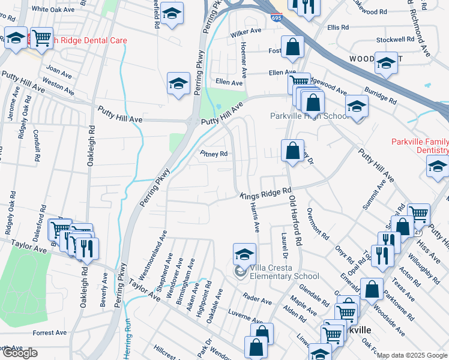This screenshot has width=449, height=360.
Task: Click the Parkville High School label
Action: click(x=309, y=116)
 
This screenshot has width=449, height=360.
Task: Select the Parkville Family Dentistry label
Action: click(x=420, y=146)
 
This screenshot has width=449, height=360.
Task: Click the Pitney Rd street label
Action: click(x=214, y=154)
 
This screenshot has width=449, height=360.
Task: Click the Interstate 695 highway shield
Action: click(x=276, y=19)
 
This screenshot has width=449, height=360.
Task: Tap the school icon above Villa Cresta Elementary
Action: click(x=244, y=254)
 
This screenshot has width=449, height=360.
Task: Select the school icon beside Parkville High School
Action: click(x=357, y=106)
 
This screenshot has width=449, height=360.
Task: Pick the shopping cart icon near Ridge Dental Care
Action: click(x=41, y=38)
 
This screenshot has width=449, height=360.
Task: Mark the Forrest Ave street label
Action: click(x=49, y=332)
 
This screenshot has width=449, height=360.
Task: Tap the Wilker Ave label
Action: click(x=246, y=31)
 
